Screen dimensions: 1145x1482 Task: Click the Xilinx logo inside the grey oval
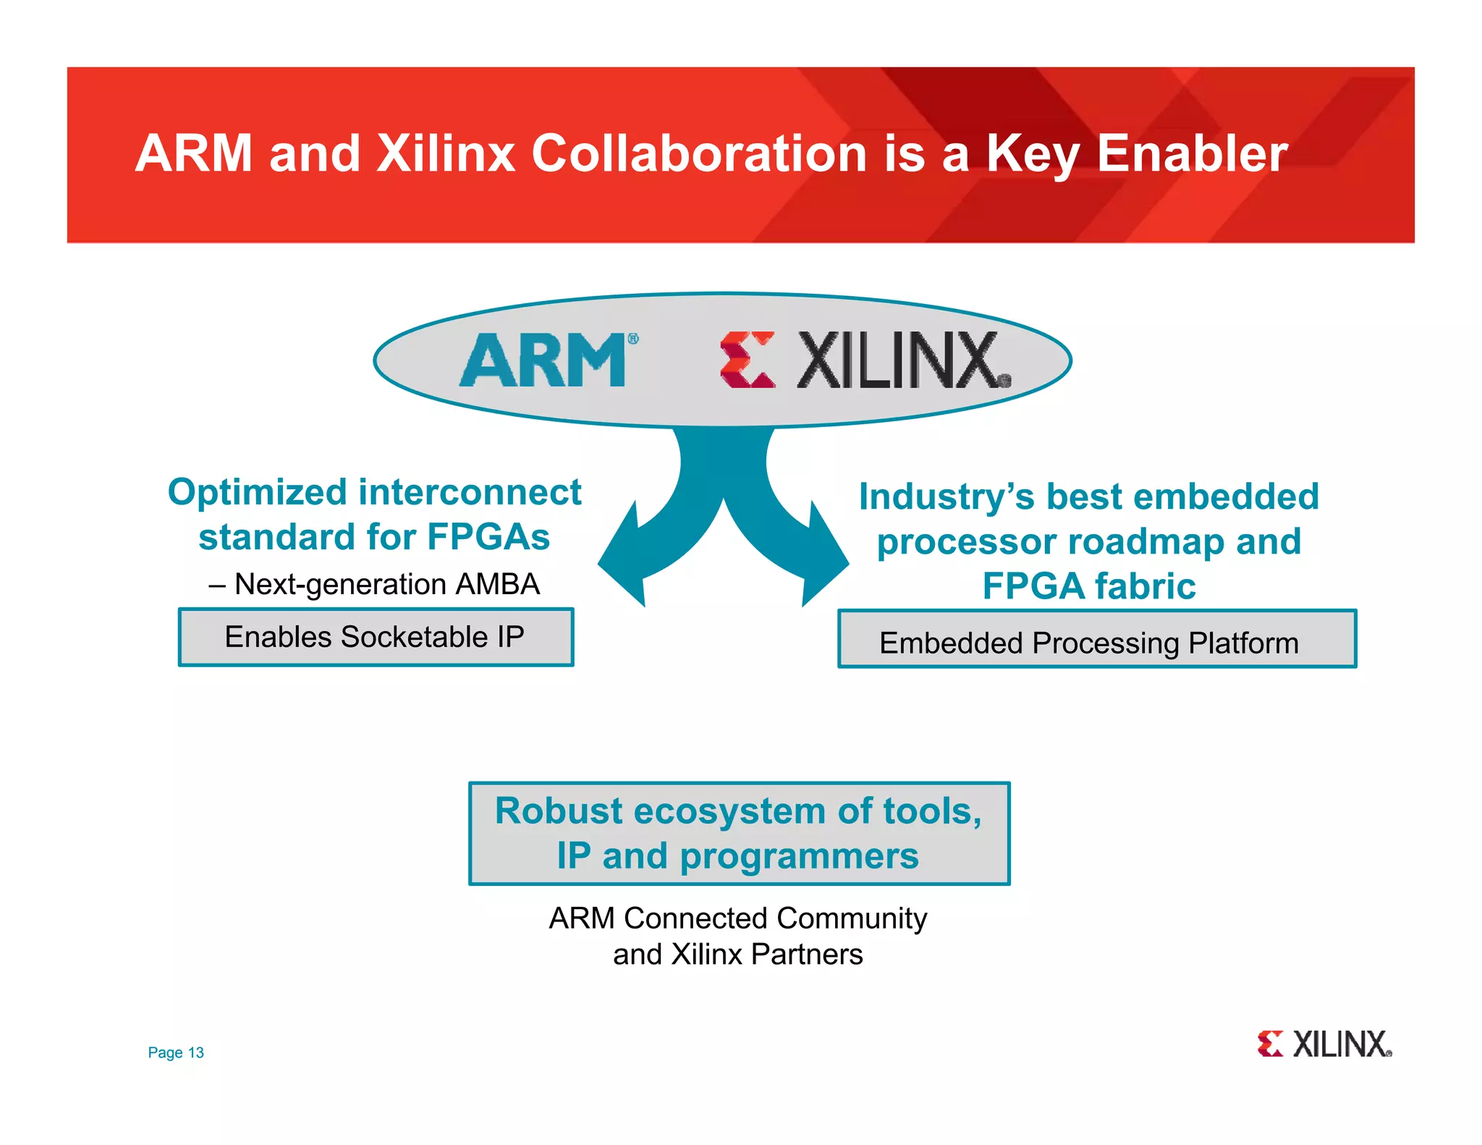pyautogui.click(x=865, y=360)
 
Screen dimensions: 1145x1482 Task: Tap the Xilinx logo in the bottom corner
pyautogui.click(x=1324, y=1044)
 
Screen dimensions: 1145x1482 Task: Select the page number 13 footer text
pyautogui.click(x=176, y=1052)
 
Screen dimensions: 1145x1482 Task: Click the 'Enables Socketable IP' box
pyautogui.click(x=376, y=637)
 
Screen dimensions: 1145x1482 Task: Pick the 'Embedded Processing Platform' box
pyautogui.click(x=1096, y=640)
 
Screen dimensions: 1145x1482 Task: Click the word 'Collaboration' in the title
pyautogui.click(x=699, y=153)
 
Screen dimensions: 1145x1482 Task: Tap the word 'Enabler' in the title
pyautogui.click(x=1192, y=153)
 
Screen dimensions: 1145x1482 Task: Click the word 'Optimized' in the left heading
pyautogui.click(x=257, y=493)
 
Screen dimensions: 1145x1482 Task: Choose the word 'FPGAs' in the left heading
pyautogui.click(x=488, y=537)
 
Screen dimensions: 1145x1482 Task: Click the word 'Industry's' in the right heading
pyautogui.click(x=947, y=497)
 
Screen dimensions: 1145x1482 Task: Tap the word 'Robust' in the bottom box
pyautogui.click(x=558, y=811)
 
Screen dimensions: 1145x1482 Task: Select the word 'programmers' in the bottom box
pyautogui.click(x=799, y=856)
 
